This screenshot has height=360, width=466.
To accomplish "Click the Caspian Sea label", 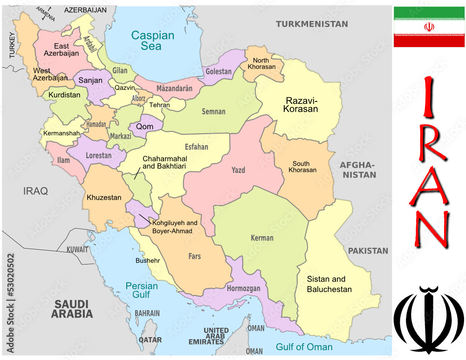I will click(152, 41).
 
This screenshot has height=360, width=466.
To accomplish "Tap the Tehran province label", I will click(160, 105).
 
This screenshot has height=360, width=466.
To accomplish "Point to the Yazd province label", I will click(238, 170).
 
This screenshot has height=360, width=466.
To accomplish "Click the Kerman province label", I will click(262, 238).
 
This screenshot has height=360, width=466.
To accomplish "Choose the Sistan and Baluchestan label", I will click(329, 284).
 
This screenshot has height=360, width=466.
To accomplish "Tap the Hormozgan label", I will click(243, 289).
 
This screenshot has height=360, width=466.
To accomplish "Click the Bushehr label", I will click(148, 261).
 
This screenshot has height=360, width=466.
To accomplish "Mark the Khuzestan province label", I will click(104, 197).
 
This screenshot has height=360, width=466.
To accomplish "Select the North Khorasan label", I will click(264, 63).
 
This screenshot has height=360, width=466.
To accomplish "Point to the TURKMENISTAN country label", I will click(312, 24).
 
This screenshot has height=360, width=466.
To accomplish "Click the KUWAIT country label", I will click(77, 250).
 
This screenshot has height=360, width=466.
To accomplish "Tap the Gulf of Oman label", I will click(304, 347).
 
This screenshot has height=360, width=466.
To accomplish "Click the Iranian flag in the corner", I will click(429, 27).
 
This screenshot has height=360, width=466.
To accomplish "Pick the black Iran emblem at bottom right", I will click(429, 320).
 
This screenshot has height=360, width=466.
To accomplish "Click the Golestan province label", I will click(219, 72).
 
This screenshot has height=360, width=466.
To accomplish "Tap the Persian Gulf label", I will click(142, 290).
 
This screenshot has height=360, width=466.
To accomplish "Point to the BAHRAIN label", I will click(147, 313).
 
